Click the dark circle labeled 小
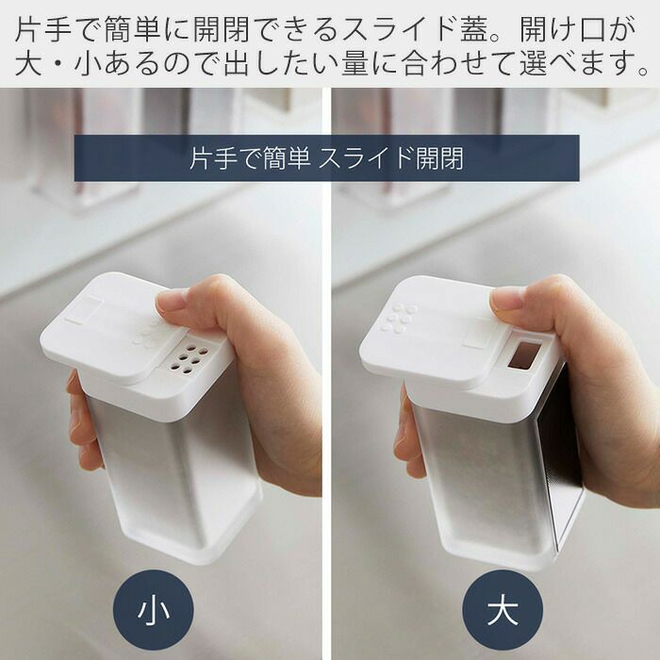click(153, 610)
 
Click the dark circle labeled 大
click(503, 610)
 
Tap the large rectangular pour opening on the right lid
click(525, 354)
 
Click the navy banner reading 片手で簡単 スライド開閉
click(326, 158)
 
